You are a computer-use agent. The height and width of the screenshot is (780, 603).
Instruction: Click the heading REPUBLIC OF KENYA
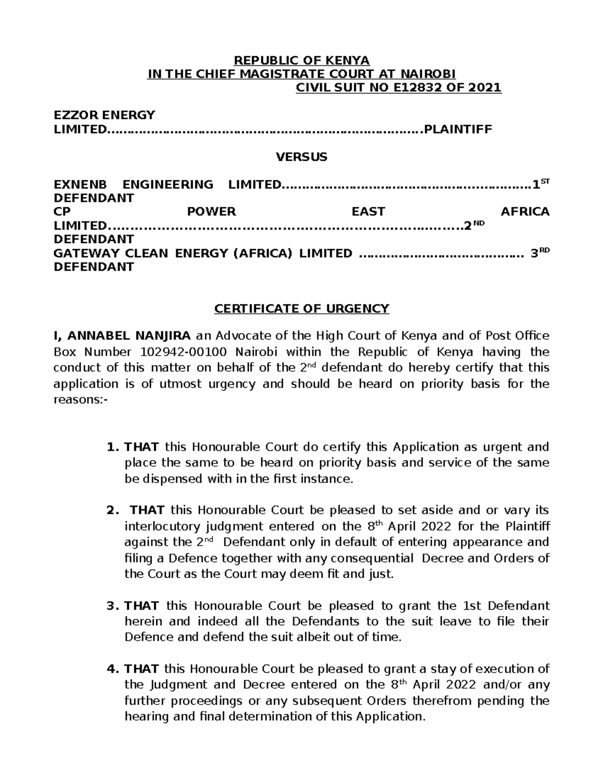click(x=301, y=61)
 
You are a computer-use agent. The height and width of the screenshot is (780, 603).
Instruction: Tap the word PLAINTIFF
click(x=458, y=130)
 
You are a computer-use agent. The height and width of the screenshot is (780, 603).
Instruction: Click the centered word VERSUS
click(x=301, y=157)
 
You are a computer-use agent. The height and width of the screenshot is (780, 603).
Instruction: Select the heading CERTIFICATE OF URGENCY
click(x=301, y=308)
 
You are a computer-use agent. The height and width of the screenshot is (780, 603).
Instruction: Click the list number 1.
click(x=111, y=447)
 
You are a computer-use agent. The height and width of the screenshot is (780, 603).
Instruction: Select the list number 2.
click(x=111, y=510)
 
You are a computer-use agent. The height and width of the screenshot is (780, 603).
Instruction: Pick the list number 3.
click(x=111, y=606)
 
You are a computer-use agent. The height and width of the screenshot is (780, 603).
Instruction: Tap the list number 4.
click(x=111, y=669)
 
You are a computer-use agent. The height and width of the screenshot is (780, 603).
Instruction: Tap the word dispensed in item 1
click(x=167, y=479)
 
